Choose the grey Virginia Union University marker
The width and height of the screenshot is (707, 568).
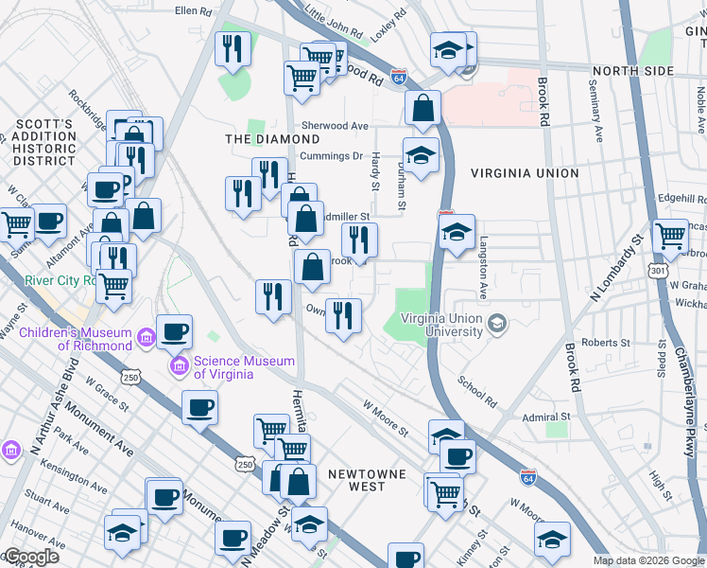[496, 326]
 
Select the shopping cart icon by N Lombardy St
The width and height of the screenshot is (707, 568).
[670, 237]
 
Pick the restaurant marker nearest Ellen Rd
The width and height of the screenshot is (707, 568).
[233, 48]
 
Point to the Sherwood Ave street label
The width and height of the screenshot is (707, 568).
[335, 126]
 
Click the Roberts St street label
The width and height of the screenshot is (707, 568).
[606, 343]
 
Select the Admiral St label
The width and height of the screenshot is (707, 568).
[547, 417]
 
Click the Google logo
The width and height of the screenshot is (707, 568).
[30, 557]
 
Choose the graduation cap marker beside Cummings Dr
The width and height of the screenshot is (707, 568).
[421, 153]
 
